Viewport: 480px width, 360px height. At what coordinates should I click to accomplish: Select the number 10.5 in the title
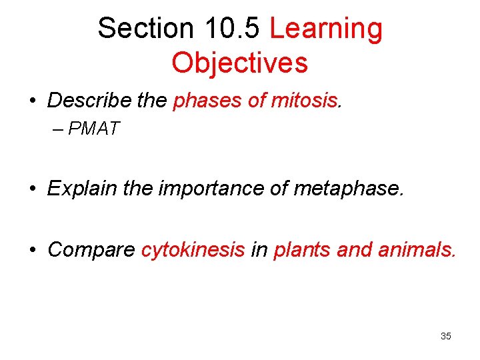pos(228,29)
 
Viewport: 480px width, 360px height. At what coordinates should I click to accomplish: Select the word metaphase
pos(348,189)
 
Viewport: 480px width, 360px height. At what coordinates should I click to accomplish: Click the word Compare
pos(91,250)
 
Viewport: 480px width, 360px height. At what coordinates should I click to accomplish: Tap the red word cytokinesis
pos(193,250)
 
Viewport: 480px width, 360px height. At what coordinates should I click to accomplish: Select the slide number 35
pos(445,336)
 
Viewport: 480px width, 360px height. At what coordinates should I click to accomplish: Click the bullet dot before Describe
pos(32,101)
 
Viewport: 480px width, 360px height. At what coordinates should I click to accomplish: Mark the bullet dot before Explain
pos(32,189)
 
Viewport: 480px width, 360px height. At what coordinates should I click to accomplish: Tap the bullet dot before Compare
pos(32,251)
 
